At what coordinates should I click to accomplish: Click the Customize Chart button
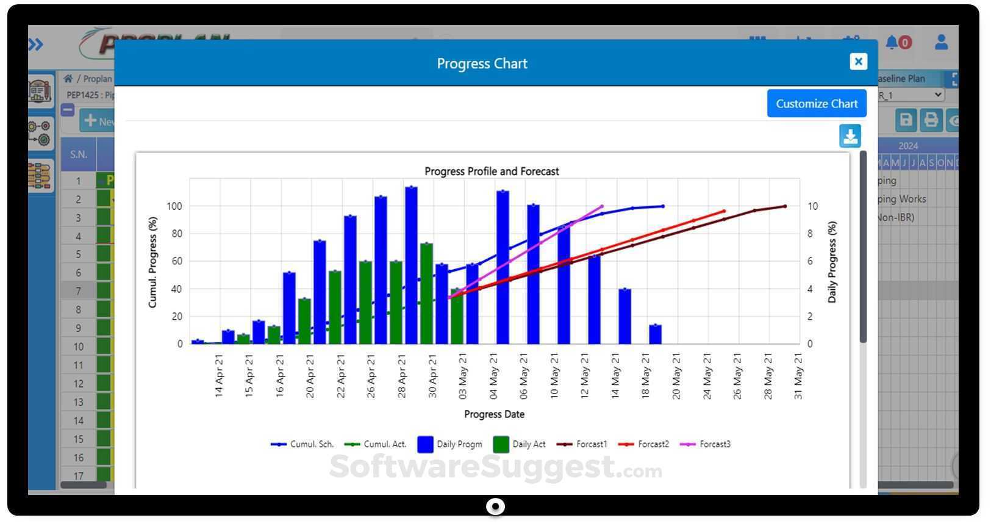[x=816, y=104]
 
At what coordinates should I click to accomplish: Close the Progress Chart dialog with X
[x=858, y=62]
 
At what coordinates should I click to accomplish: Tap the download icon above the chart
[x=850, y=136]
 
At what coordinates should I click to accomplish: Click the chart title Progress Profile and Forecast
[x=492, y=171]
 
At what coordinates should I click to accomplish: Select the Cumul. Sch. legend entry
[x=302, y=444]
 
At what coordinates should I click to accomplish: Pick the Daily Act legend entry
[x=519, y=444]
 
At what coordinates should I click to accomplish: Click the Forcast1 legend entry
[x=582, y=444]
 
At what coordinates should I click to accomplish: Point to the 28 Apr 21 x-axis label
[x=402, y=376]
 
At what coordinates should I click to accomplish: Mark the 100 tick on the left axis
[x=174, y=206]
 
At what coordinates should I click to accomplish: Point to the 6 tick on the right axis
[x=810, y=261]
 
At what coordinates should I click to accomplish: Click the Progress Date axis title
[x=494, y=414]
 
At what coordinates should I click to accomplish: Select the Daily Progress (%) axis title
[x=832, y=262]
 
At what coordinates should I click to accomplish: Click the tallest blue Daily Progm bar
[x=411, y=265]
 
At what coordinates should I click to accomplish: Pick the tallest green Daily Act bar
[x=426, y=293]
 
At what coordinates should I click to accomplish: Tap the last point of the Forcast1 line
[x=785, y=206]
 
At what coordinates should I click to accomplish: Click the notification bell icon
[x=892, y=42]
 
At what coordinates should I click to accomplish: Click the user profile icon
[x=941, y=42]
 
